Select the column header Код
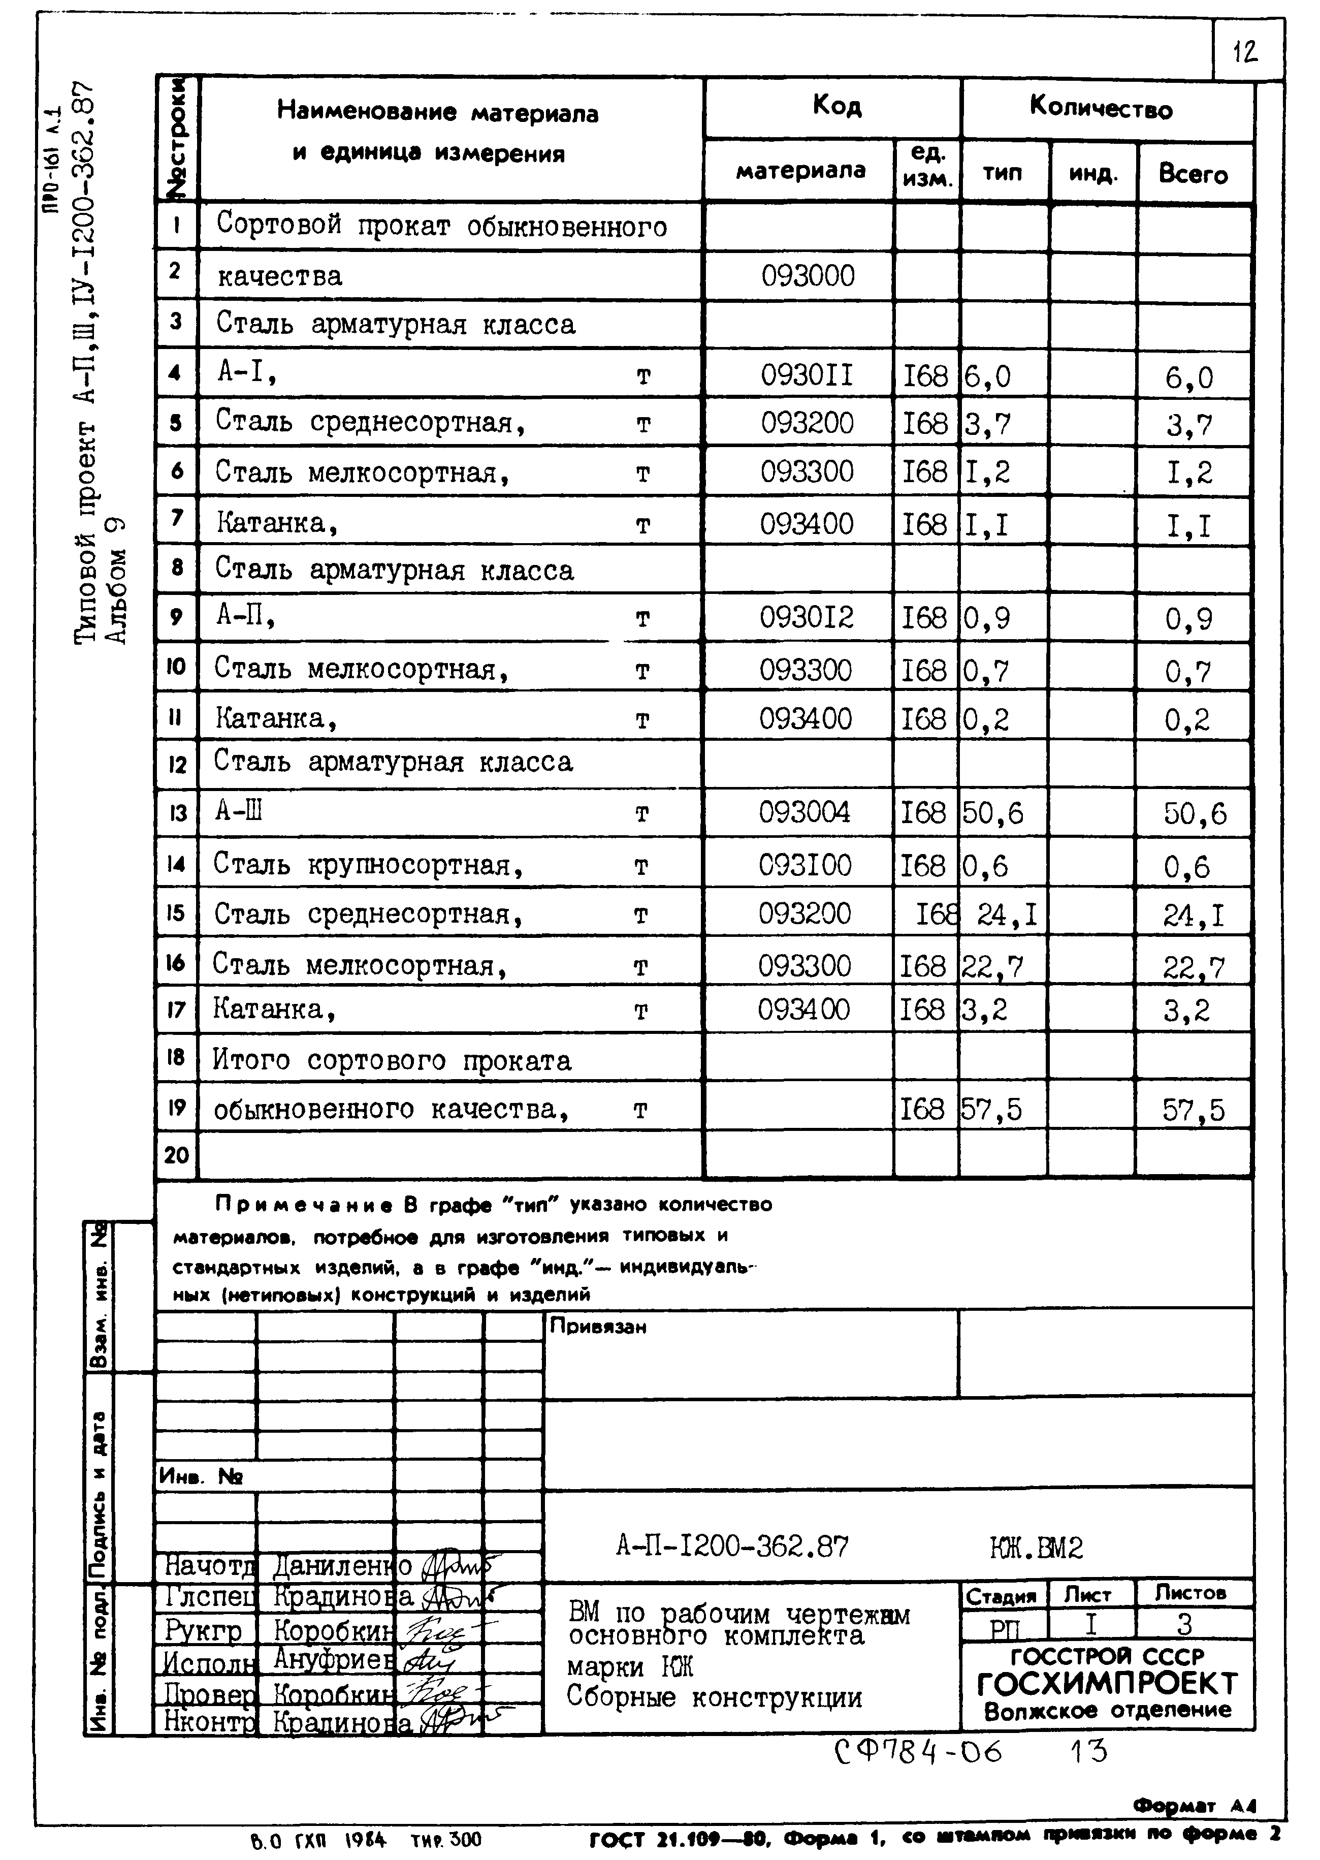tap(836, 106)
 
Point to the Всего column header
tap(1193, 174)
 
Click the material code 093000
tap(808, 276)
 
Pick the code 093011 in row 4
tap(807, 375)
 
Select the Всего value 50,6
tap(1195, 814)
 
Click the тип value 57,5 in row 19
tap(991, 1109)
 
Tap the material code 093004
tap(804, 812)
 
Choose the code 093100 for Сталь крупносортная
tap(804, 865)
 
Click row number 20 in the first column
tap(176, 1154)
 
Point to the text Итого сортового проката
tap(392, 1060)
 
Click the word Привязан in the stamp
tap(598, 1327)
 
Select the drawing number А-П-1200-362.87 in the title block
tap(731, 1546)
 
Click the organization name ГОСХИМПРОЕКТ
tap(1107, 1684)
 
